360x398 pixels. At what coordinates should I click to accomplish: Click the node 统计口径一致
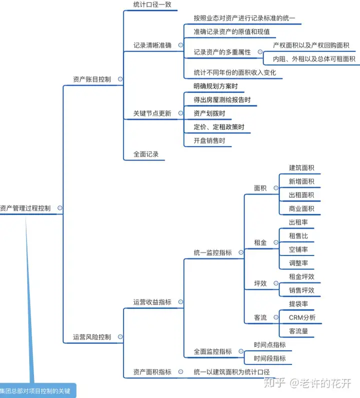(152, 5)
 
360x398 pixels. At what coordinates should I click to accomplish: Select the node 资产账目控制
(92, 79)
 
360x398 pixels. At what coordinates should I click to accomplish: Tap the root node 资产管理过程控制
(25, 208)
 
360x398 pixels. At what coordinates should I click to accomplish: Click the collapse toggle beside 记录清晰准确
(180, 45)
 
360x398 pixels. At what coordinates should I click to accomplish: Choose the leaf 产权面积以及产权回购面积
(310, 45)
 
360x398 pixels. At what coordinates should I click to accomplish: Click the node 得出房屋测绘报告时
(221, 100)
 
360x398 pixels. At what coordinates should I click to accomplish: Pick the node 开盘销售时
(209, 140)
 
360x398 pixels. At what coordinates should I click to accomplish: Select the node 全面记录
(146, 154)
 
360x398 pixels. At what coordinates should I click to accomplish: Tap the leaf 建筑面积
(301, 167)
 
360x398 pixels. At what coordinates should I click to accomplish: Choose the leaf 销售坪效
(301, 290)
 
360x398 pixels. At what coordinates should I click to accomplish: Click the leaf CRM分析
(302, 317)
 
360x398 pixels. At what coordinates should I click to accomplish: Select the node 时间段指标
(269, 358)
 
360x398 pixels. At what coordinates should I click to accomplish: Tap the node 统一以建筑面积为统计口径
(231, 372)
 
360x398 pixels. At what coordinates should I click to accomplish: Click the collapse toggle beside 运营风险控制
(120, 337)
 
